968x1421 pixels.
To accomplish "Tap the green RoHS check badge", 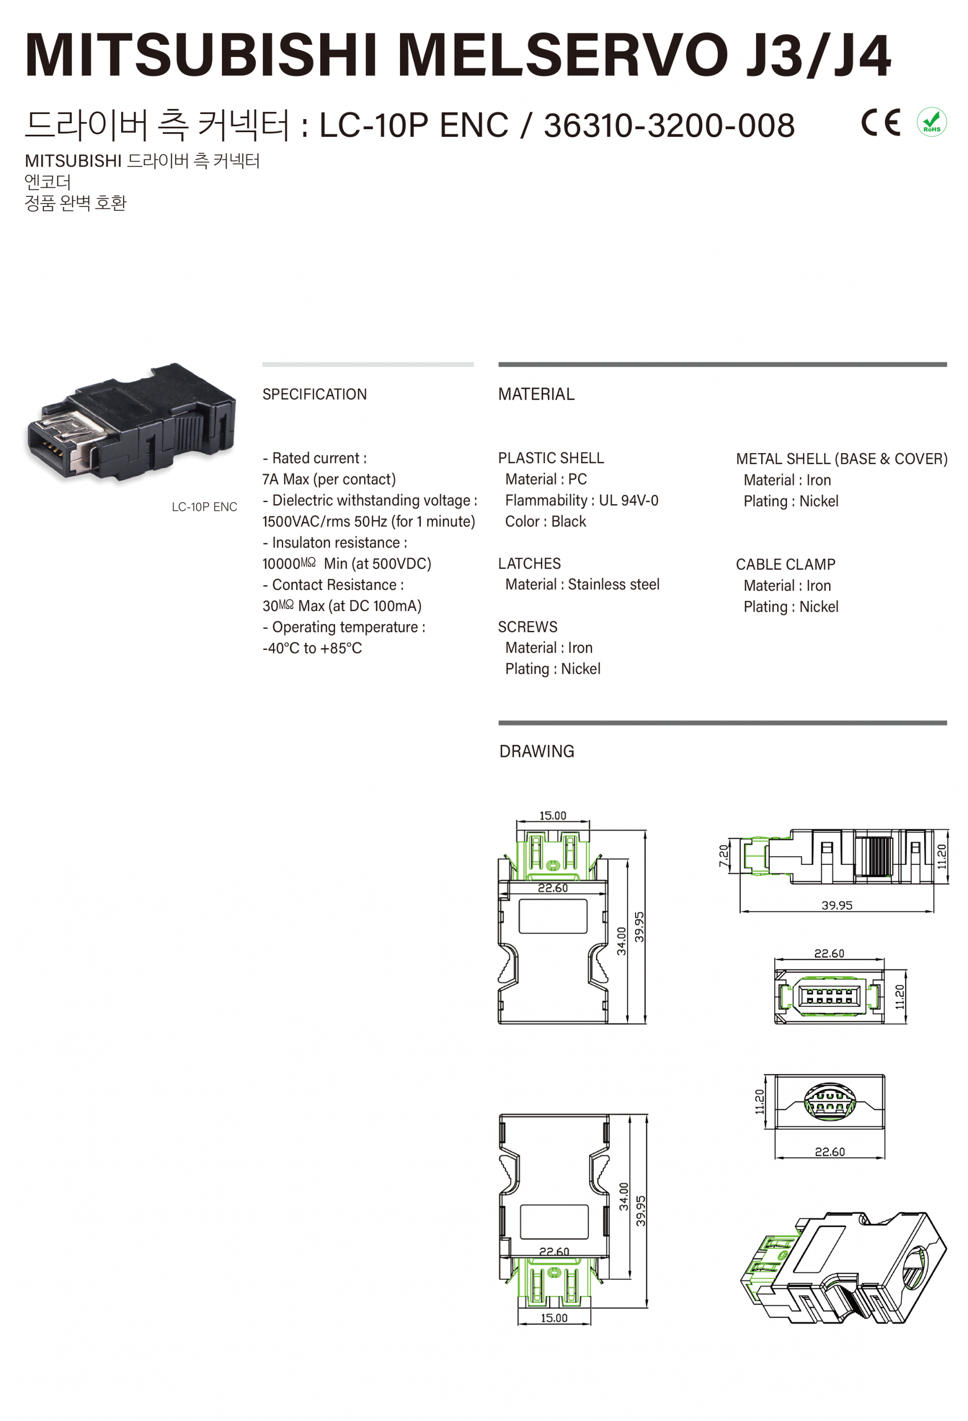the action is [931, 122].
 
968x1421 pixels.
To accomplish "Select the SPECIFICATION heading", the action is [315, 395].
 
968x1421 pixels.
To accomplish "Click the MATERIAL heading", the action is [537, 395].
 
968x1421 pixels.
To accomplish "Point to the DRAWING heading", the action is [537, 751].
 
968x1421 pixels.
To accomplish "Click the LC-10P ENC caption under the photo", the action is [204, 507].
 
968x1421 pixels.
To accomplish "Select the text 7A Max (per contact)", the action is [329, 479].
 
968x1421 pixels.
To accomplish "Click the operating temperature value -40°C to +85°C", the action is [312, 648].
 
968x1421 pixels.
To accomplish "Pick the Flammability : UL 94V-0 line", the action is [582, 501].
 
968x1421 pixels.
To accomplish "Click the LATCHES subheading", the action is [529, 564].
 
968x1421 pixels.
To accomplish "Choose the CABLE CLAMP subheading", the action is [785, 564].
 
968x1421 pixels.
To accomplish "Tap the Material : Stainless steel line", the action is [583, 584].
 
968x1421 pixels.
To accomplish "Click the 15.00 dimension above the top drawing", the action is [553, 815].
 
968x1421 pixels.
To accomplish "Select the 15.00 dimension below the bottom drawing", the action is [554, 1318].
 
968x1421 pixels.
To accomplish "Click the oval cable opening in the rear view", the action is [827, 1102].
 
